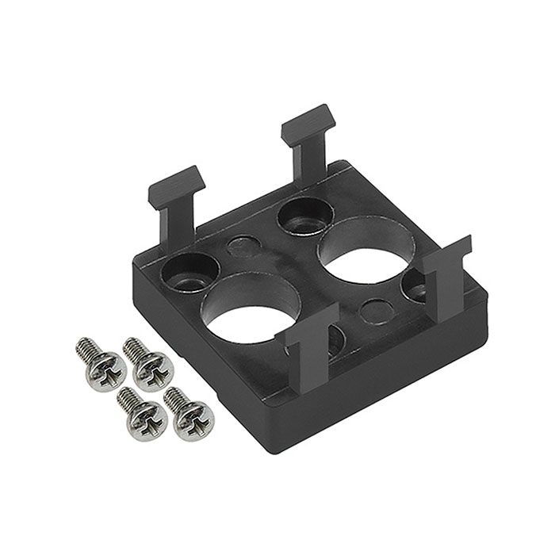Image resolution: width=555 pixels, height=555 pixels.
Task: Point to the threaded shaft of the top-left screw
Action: click(x=85, y=347)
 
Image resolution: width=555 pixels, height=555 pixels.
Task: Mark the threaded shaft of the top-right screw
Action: click(x=132, y=348)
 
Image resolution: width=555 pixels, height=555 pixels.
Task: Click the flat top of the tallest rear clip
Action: click(x=308, y=121)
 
